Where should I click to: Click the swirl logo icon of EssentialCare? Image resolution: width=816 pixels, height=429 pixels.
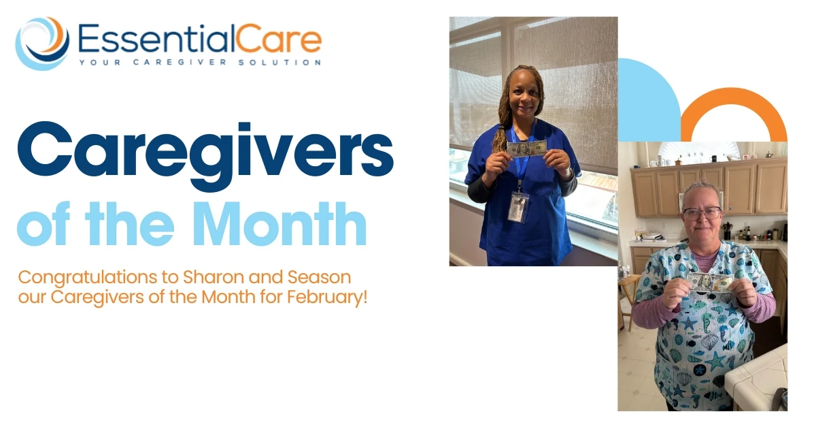tap(42, 43)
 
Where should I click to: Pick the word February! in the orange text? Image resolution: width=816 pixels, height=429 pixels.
tap(331, 298)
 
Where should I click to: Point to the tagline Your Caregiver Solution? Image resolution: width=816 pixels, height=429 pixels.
tap(199, 63)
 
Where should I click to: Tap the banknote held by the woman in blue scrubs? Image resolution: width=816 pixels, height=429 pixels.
tap(527, 148)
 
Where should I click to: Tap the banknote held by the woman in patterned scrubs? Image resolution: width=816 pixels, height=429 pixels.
tap(710, 281)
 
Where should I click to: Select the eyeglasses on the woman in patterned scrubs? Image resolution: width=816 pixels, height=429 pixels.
tap(701, 213)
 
